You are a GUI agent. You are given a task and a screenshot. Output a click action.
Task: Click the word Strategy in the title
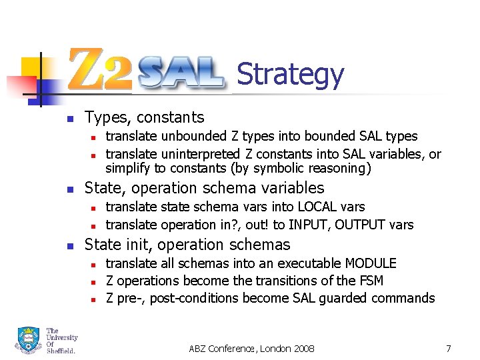click(x=290, y=75)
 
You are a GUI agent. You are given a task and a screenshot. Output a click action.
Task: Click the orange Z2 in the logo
click(x=101, y=69)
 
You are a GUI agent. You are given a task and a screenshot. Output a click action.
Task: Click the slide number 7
click(x=449, y=348)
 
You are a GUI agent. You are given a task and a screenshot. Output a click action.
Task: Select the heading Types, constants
click(x=144, y=118)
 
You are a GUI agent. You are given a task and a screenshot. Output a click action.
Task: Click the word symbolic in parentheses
click(x=283, y=169)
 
